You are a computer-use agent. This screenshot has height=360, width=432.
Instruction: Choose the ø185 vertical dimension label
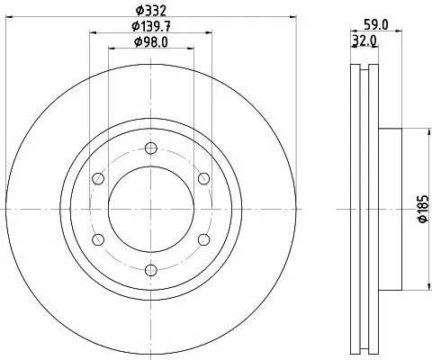tap(421, 209)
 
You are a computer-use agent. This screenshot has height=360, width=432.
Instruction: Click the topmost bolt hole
tap(150, 148)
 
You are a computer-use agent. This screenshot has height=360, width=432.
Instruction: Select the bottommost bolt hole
tap(150, 267)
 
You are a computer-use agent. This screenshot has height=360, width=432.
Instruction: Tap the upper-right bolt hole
tap(202, 177)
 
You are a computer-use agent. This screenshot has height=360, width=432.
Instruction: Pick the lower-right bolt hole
tap(202, 238)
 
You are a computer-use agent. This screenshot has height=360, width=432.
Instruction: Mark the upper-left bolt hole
tap(98, 177)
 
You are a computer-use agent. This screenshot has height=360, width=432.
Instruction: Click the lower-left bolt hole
tap(98, 238)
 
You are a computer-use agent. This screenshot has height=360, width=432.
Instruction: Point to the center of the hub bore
tap(150, 208)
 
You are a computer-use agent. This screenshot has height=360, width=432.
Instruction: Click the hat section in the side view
tap(389, 208)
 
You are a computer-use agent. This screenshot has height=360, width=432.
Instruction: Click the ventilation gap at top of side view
tap(362, 72)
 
